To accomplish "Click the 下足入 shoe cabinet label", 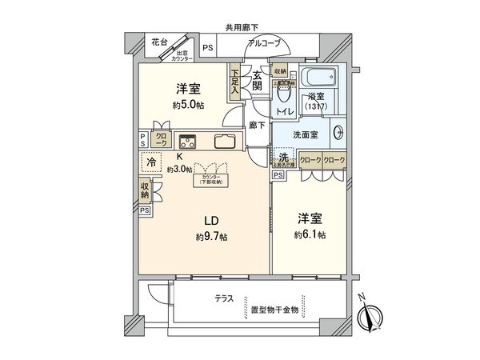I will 235,82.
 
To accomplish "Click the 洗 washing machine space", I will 282,158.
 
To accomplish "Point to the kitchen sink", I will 224,142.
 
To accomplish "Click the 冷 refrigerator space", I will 150,162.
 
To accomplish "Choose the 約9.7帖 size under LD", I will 210,238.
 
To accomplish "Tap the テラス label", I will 223,298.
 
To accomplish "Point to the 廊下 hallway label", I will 257,125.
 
